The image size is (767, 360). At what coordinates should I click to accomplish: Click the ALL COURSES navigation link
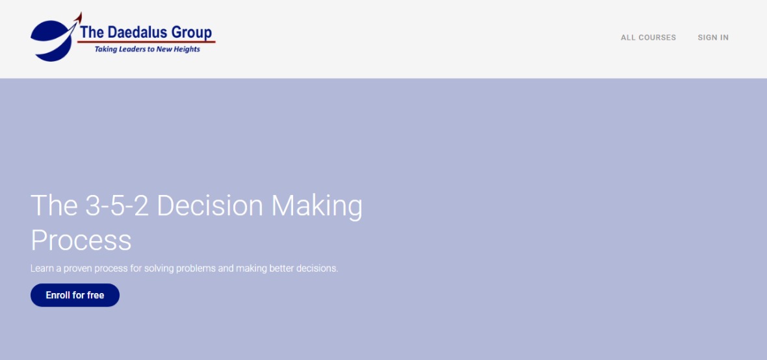click(x=648, y=38)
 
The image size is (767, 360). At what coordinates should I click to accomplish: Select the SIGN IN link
click(x=713, y=38)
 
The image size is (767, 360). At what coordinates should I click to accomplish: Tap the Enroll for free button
click(x=75, y=295)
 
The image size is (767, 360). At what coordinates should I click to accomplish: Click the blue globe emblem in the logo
click(x=51, y=40)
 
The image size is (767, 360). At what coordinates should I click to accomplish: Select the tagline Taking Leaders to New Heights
click(x=148, y=49)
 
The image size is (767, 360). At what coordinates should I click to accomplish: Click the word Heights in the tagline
click(x=185, y=49)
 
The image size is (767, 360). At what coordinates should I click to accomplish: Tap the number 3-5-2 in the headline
click(x=116, y=205)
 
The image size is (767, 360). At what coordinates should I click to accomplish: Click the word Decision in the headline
click(x=210, y=205)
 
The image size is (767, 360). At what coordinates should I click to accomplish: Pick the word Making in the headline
click(x=317, y=207)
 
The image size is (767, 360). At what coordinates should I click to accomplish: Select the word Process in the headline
click(x=81, y=240)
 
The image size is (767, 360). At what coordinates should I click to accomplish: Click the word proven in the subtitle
click(x=78, y=268)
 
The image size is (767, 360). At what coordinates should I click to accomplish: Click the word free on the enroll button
click(x=96, y=295)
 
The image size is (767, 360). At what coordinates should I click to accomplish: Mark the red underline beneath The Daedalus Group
click(x=146, y=42)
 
